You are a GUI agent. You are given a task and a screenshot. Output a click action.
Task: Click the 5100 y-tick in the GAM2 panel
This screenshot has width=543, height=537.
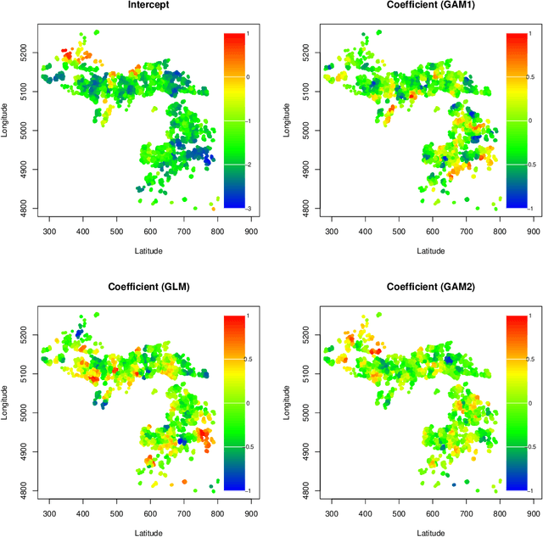click(301, 373)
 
